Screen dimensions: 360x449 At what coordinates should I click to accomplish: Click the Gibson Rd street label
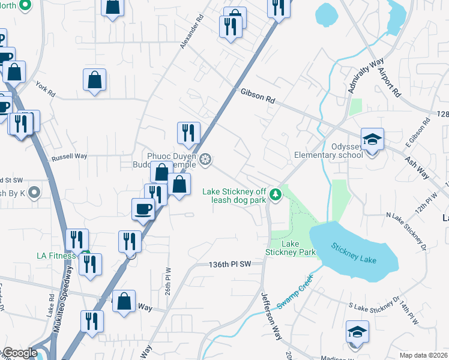(x=258, y=96)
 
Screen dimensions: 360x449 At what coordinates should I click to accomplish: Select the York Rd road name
(x=45, y=90)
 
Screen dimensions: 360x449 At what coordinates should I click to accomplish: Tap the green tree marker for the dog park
(x=276, y=194)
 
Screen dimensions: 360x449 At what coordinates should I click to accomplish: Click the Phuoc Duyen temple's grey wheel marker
(x=205, y=159)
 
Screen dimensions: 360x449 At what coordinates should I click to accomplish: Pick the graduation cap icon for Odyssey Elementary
(x=372, y=140)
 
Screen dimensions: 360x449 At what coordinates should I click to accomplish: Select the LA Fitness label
(x=56, y=256)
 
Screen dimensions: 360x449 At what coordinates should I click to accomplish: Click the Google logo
(x=20, y=353)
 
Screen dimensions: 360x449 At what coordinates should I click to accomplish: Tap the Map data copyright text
(x=423, y=355)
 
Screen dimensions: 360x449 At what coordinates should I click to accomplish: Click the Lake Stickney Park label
(x=291, y=248)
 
